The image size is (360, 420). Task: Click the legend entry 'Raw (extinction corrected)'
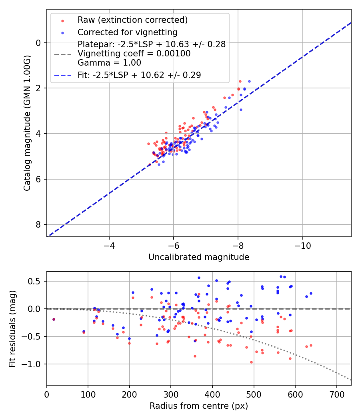[x=132, y=20]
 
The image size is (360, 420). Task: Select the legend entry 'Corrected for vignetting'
[x=127, y=32]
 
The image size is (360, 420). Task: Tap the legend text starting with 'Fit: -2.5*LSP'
[x=139, y=75]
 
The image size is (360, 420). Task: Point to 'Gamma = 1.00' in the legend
[x=109, y=62]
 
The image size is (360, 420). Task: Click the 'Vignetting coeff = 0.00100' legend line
[x=134, y=54]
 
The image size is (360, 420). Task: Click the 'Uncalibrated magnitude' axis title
[x=199, y=257]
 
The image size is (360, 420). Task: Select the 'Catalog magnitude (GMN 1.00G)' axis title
[x=27, y=123]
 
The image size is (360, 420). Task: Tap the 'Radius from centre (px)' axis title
[x=199, y=406]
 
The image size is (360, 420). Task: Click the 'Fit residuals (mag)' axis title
[x=13, y=328]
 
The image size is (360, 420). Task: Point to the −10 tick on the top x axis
[x=302, y=244]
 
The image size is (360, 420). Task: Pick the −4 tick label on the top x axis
[x=109, y=244]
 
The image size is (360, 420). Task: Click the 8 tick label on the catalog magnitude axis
[x=39, y=224]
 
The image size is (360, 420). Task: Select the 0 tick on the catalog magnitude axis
[x=39, y=43]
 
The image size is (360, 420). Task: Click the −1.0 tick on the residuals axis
[x=34, y=364]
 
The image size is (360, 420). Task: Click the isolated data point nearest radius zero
[x=54, y=319]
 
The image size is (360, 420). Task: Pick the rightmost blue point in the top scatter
[x=249, y=81]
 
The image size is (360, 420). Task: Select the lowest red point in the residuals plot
[x=251, y=362]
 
